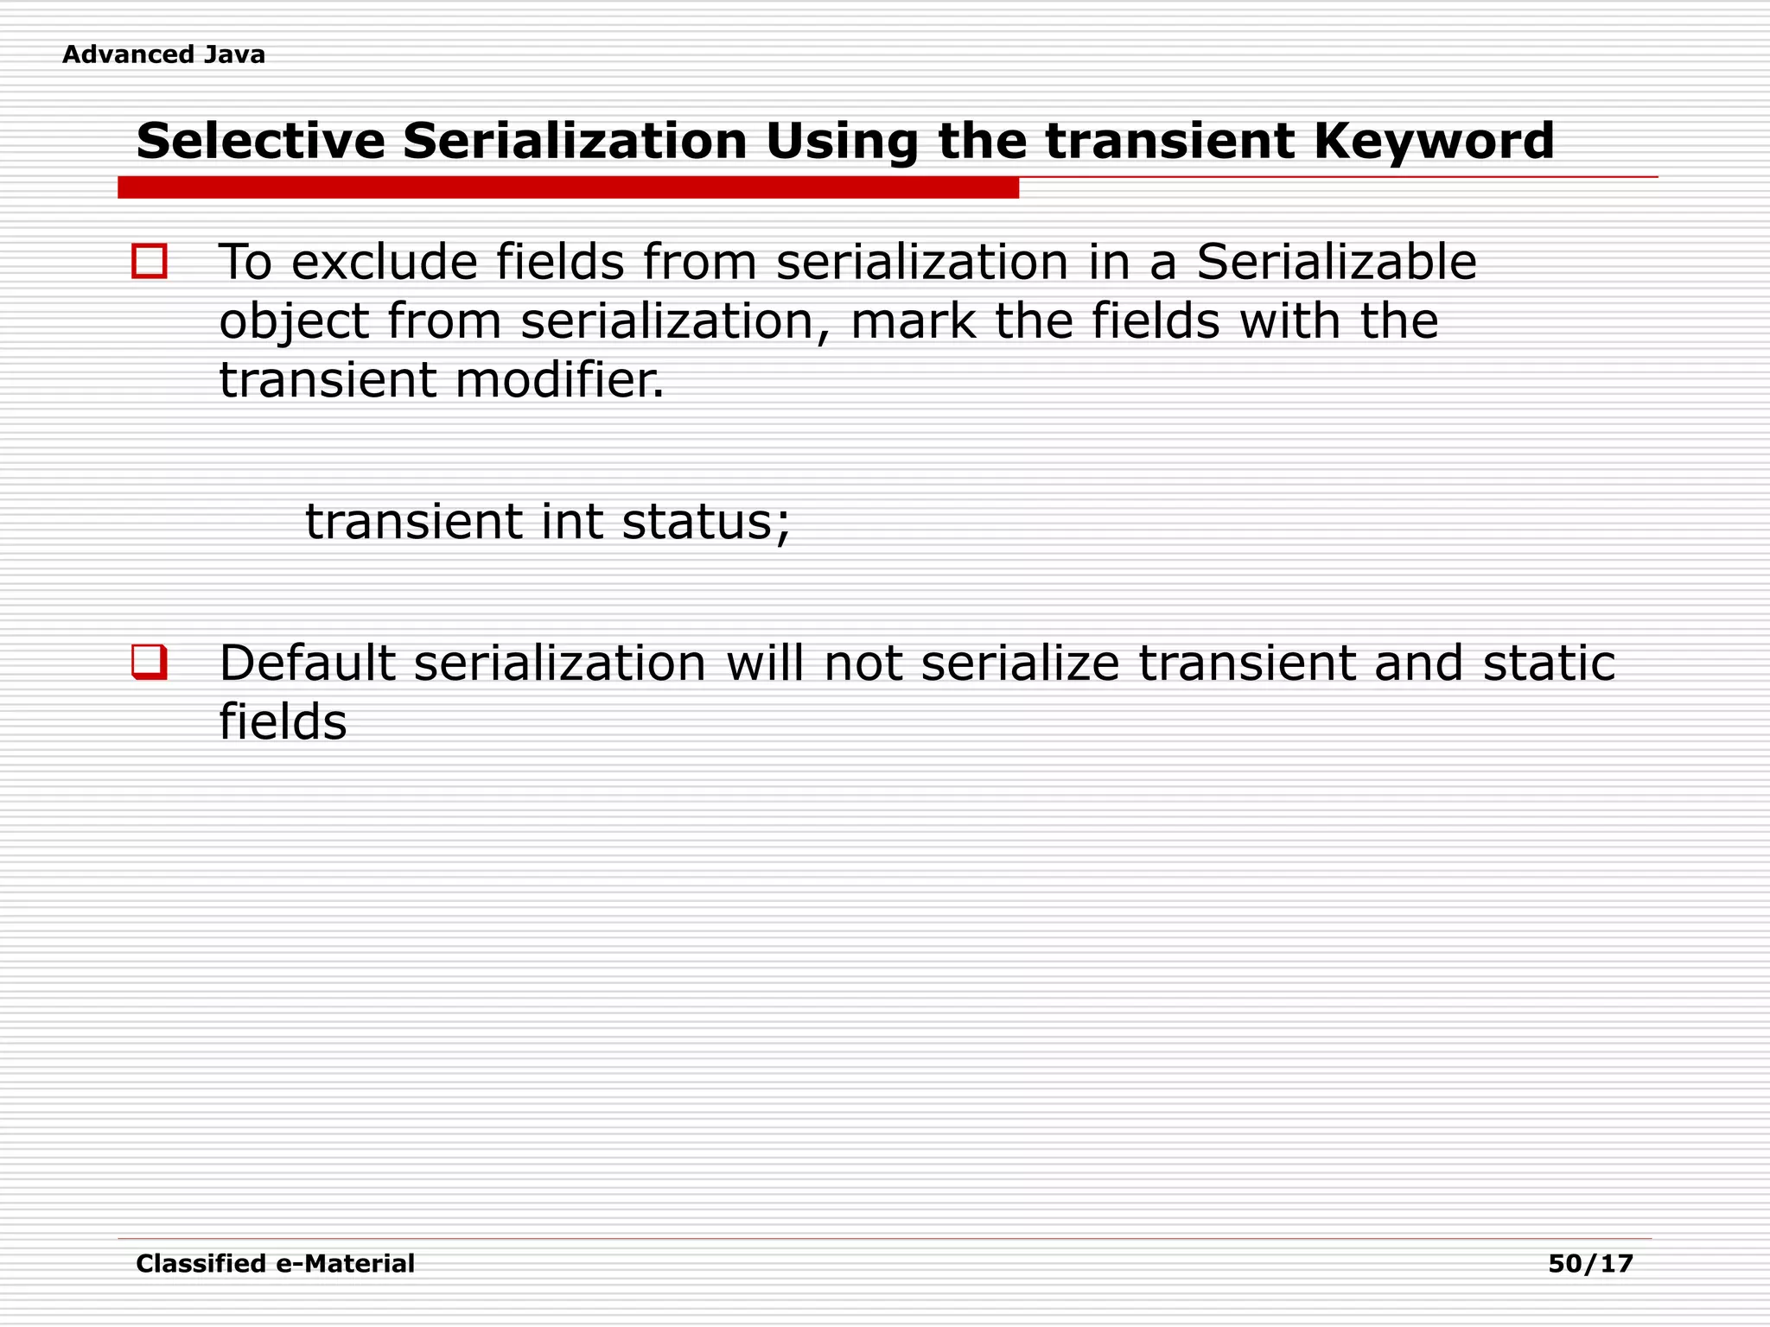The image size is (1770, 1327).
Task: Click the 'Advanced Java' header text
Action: click(163, 54)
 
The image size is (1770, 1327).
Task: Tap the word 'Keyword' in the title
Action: click(1434, 141)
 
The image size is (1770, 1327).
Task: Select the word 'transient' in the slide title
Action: click(1170, 141)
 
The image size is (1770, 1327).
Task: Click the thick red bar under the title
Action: click(568, 187)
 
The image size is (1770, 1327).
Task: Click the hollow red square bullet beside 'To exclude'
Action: click(150, 261)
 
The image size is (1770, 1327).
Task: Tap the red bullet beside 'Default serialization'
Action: click(150, 663)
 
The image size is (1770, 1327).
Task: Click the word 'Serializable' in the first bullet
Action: click(1336, 262)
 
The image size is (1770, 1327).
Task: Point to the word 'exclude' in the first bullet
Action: click(384, 262)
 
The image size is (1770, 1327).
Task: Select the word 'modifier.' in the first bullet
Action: click(560, 380)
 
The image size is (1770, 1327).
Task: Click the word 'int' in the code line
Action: click(571, 522)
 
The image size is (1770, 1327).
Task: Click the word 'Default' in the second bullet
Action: click(306, 663)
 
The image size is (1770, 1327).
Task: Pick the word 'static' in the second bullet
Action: click(1549, 663)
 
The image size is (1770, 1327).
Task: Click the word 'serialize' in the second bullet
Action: click(1020, 663)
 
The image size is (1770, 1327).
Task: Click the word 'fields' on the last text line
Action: click(283, 722)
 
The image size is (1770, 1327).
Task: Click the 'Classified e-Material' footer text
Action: click(275, 1264)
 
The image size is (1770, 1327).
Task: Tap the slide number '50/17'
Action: click(1590, 1264)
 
